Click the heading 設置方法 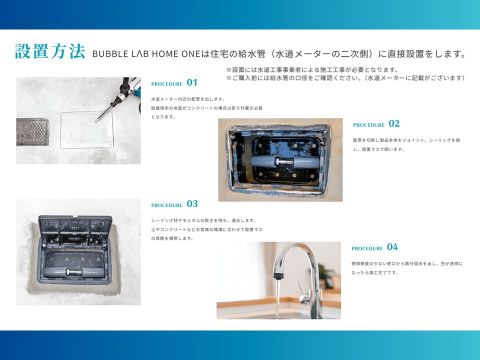[x=50, y=51]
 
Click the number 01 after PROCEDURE [x=192, y=82]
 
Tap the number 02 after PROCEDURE [x=394, y=123]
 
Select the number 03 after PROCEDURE [x=192, y=204]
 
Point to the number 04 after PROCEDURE [x=392, y=247]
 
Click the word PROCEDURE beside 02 [x=368, y=125]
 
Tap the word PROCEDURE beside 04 [x=367, y=248]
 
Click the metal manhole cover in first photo [x=32, y=132]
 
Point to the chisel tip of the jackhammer [x=95, y=122]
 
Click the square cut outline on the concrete [x=87, y=129]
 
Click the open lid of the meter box [x=75, y=232]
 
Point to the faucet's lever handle [x=300, y=288]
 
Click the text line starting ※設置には [x=312, y=70]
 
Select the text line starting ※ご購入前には [x=345, y=78]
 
